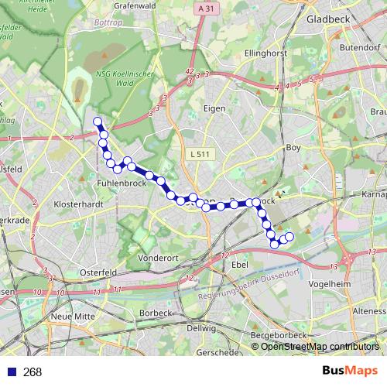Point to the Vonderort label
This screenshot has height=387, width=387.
(x=158, y=257)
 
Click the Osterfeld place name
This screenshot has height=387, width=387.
(x=99, y=272)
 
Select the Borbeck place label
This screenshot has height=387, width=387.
(x=155, y=313)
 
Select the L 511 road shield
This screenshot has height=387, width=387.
(x=198, y=155)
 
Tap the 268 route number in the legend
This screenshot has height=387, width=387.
(x=33, y=372)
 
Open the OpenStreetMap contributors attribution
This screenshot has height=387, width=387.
(x=319, y=347)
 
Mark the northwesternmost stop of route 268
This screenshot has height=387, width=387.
(x=98, y=122)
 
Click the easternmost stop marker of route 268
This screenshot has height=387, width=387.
(x=290, y=236)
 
